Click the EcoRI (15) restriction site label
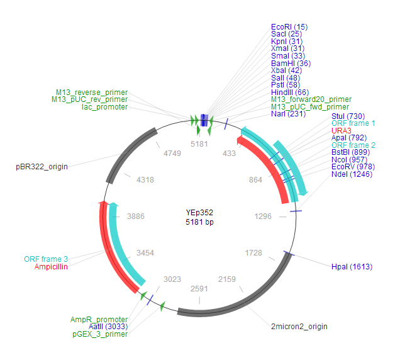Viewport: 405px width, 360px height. (x=289, y=27)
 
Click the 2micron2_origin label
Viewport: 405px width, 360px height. (x=299, y=327)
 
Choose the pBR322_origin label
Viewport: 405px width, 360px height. (x=42, y=167)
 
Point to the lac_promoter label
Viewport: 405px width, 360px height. (x=105, y=107)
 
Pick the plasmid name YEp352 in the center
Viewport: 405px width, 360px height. (x=199, y=212)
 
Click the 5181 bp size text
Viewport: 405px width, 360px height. (x=199, y=222)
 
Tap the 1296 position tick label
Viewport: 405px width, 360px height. (x=263, y=216)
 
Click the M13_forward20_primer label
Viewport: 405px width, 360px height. (x=311, y=99)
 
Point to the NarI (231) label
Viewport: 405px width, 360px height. (x=288, y=114)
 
